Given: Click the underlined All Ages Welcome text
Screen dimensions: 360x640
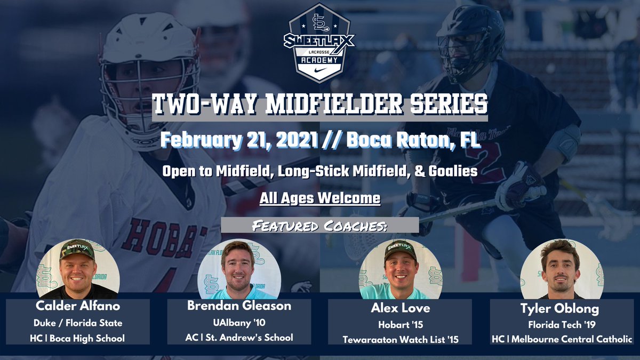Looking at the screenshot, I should (x=320, y=198).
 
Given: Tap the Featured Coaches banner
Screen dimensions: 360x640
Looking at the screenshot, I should (x=319, y=225).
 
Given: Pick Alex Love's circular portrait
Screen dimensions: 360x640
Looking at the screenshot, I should (x=401, y=268).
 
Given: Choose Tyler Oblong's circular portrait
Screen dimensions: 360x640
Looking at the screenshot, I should (x=562, y=268).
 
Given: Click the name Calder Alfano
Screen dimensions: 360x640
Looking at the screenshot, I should (x=78, y=307).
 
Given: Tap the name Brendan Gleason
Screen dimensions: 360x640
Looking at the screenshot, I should (x=239, y=306).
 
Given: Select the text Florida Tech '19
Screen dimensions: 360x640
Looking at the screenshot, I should (x=561, y=324).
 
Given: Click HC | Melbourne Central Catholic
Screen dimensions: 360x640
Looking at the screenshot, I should (x=561, y=338).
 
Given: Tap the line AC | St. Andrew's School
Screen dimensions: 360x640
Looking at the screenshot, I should (x=239, y=338).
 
